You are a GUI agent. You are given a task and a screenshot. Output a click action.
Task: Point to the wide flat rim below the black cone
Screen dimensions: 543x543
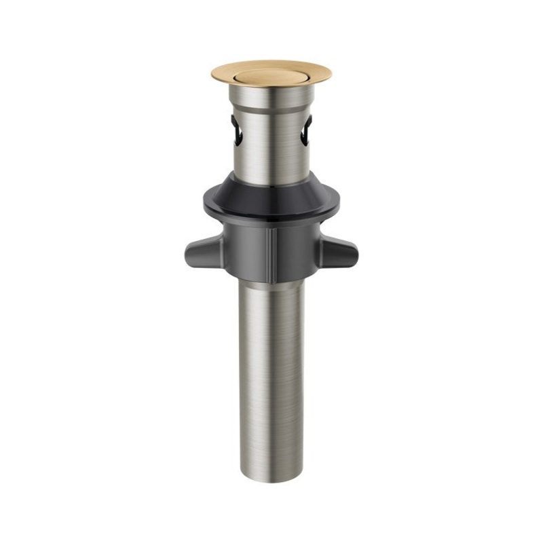click(x=271, y=216)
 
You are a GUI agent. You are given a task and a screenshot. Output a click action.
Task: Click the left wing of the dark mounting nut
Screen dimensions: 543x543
click(x=198, y=253)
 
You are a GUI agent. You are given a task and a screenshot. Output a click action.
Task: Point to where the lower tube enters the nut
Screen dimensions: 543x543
click(x=271, y=281)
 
